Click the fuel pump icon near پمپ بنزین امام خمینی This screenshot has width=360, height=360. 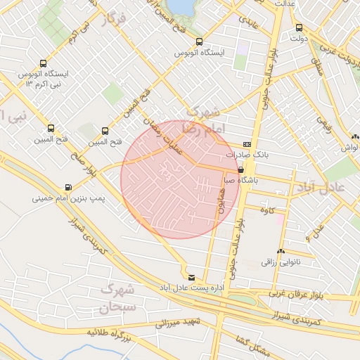click(68, 187)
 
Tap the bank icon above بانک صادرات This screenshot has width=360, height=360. click(245, 143)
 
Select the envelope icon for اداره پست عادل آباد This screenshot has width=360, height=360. click(192, 276)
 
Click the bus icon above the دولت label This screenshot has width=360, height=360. click(300, 28)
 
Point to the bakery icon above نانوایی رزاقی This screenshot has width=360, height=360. click(281, 251)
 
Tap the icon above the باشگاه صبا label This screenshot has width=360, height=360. click(242, 169)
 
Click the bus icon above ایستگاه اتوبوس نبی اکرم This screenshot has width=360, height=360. click(44, 63)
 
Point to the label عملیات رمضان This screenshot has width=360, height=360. click(171, 132)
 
